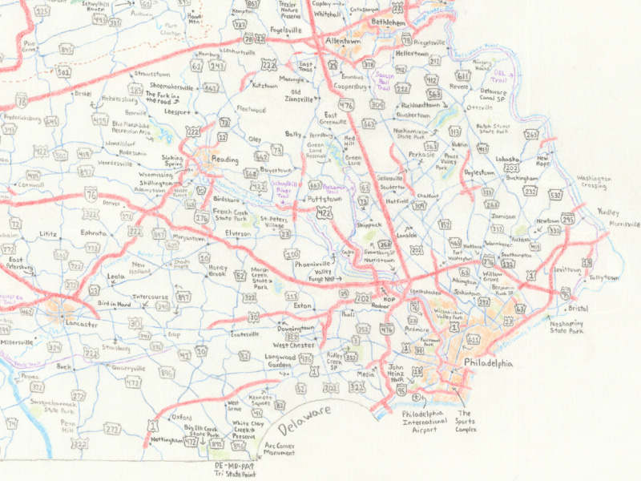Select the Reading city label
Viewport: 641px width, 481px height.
tap(224, 160)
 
